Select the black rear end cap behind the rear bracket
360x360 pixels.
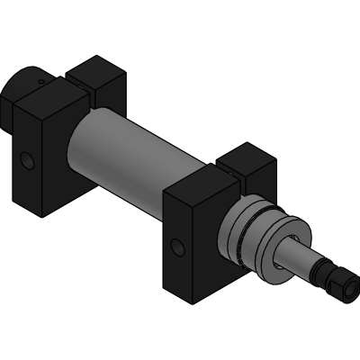[x=20, y=90]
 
